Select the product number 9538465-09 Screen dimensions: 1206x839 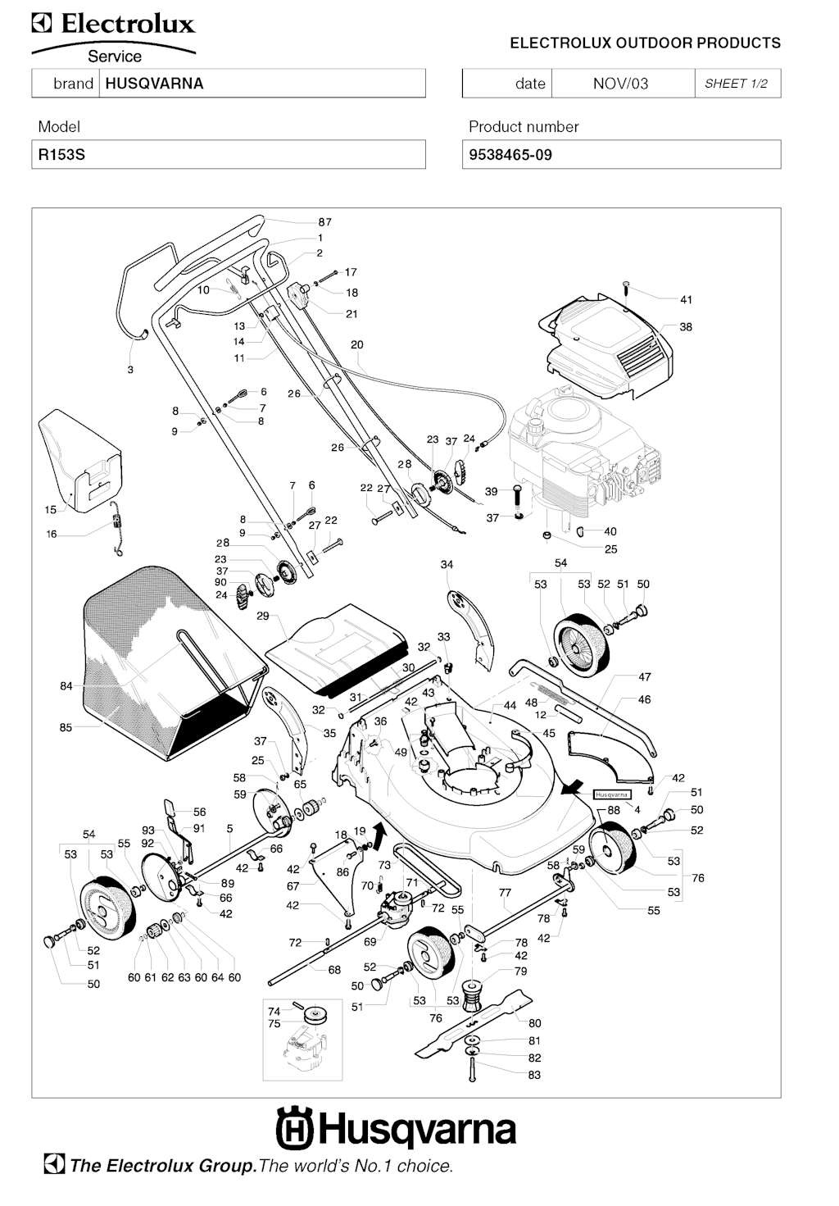point(510,154)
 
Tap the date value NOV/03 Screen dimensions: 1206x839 point(620,84)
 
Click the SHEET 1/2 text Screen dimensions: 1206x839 point(736,84)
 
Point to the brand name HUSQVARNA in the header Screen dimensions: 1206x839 point(154,84)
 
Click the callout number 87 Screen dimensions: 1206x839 point(325,221)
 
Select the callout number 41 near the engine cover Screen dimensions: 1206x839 point(686,299)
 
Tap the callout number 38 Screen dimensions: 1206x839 point(686,326)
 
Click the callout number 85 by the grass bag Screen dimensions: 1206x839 point(66,726)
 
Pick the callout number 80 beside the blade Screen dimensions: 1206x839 point(534,1022)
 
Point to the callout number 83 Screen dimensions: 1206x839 point(534,1075)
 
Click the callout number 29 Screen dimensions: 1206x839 point(262,615)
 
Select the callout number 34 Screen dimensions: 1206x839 point(447,564)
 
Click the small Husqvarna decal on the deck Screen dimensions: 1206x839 point(612,794)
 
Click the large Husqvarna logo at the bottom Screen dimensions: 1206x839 point(397,1129)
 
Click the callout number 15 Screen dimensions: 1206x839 point(51,509)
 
